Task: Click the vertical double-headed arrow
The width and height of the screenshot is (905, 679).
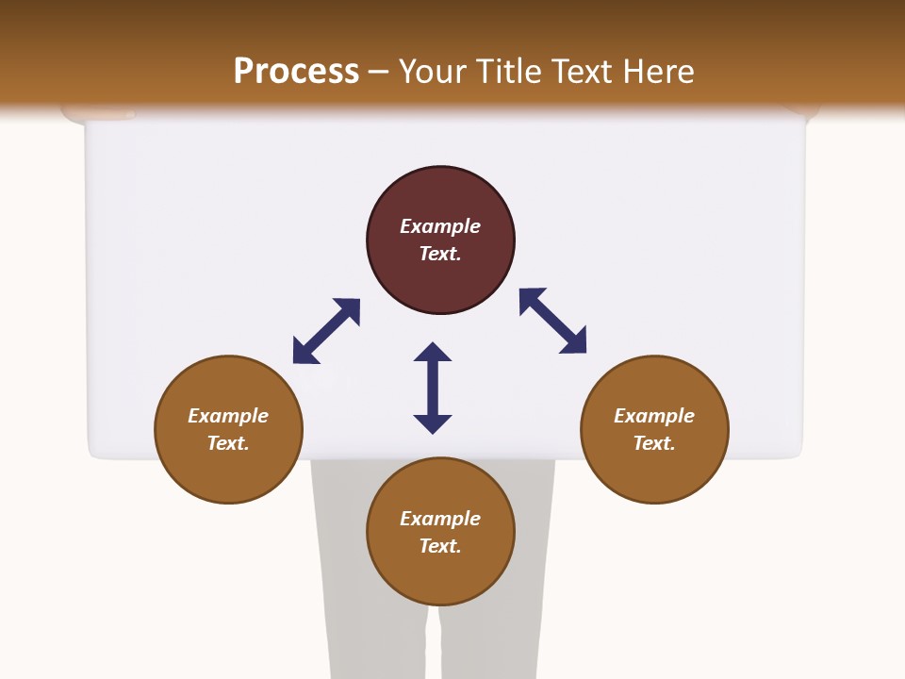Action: point(433,388)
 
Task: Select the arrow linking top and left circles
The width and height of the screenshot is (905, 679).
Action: point(326,331)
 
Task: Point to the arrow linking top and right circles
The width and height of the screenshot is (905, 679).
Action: point(552,321)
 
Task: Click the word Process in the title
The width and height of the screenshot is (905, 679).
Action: point(296,72)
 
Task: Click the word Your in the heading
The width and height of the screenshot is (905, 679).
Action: point(434,72)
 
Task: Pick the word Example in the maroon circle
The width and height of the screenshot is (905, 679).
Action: point(440,226)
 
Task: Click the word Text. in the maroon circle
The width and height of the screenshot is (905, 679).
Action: point(440,254)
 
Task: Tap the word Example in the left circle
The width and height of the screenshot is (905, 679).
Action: point(228,416)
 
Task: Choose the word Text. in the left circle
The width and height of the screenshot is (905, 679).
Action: point(228,443)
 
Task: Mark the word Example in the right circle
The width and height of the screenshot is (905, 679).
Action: point(654,416)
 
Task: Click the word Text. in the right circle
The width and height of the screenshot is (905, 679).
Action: point(654,443)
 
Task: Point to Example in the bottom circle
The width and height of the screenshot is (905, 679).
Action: point(440,519)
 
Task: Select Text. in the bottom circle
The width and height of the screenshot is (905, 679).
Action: point(440,546)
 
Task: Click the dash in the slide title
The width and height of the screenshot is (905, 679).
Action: point(379,73)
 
